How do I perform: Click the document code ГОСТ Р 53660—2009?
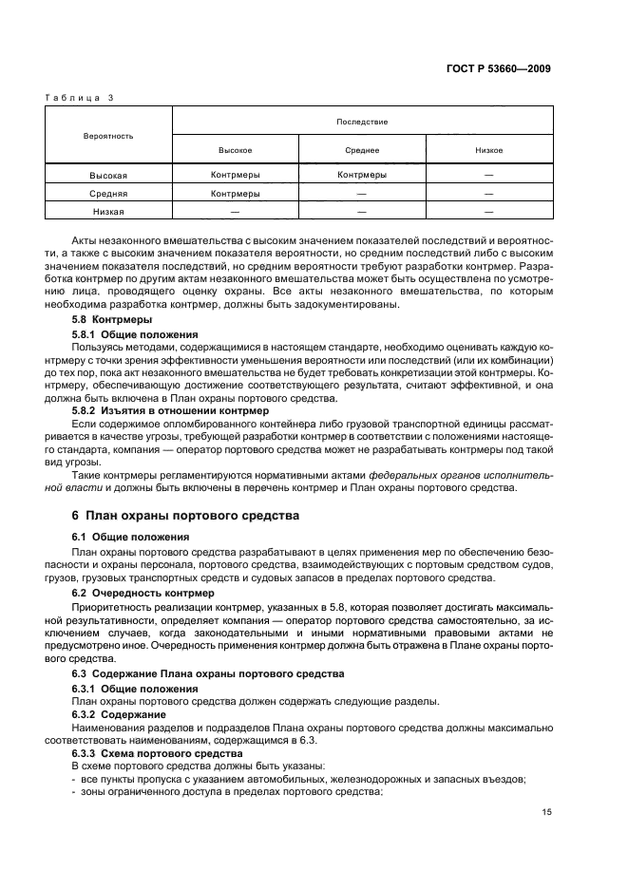click(504, 69)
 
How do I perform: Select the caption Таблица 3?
click(80, 98)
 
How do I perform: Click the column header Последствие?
click(362, 122)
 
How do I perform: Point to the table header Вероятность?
click(108, 136)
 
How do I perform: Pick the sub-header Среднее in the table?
click(362, 150)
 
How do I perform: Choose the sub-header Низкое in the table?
click(488, 150)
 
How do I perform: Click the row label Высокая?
click(108, 176)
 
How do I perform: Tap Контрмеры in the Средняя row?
click(235, 194)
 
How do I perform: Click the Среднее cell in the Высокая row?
click(362, 176)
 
